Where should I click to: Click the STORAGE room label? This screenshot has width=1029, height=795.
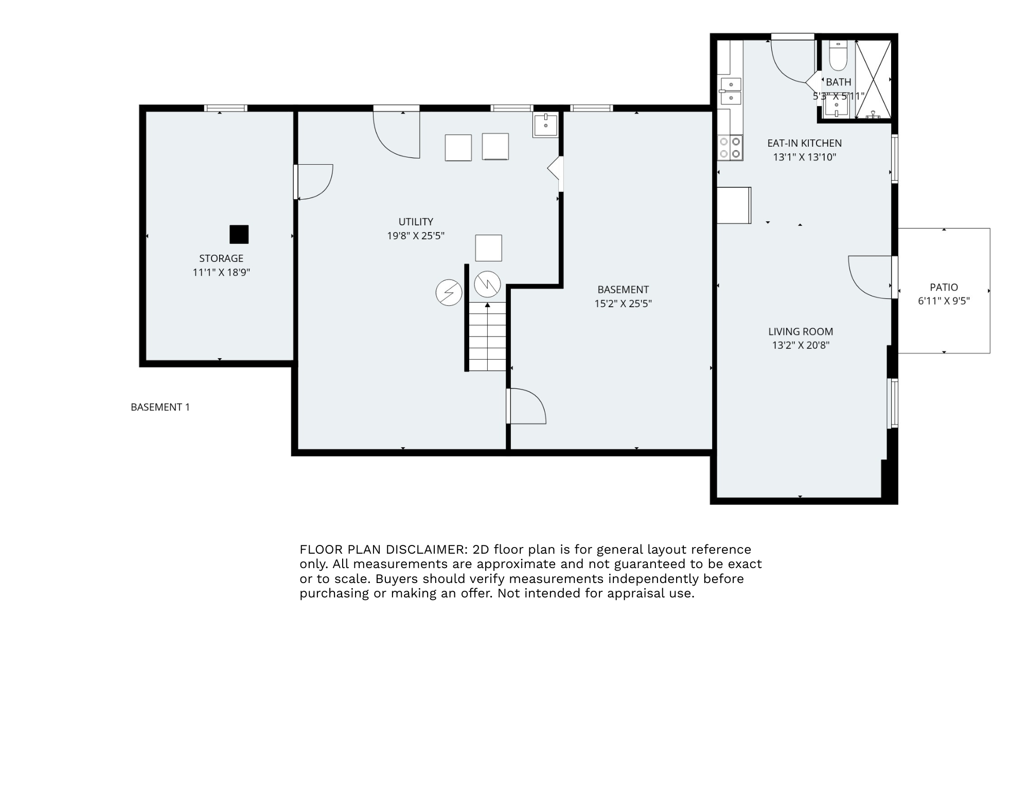pos(221,258)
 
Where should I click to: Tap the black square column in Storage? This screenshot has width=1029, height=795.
pos(239,234)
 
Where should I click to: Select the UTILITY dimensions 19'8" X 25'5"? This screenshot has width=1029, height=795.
pos(416,236)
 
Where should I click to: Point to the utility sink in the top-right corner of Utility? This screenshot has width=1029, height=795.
pos(545,125)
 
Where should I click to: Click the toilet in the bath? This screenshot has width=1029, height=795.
pos(838,57)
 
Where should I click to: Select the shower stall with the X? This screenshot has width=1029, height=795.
pos(873,79)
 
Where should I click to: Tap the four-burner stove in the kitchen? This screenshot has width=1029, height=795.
pos(730,147)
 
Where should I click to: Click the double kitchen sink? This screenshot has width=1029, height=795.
pos(731,91)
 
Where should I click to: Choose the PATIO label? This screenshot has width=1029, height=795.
pos(944,287)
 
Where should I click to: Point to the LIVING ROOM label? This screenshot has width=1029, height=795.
pos(801,332)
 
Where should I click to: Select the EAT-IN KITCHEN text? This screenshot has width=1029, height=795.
pos(804,143)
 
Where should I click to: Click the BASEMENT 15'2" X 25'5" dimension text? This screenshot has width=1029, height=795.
pos(623,304)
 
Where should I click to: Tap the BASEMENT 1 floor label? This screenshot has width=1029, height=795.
pos(160,407)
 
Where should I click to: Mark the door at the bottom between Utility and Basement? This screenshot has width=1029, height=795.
pos(526,407)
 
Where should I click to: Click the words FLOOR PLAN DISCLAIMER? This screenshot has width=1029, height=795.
pos(382,550)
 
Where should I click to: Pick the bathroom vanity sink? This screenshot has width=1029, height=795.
pos(836,108)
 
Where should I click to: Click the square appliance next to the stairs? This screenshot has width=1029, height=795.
pos(488,248)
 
